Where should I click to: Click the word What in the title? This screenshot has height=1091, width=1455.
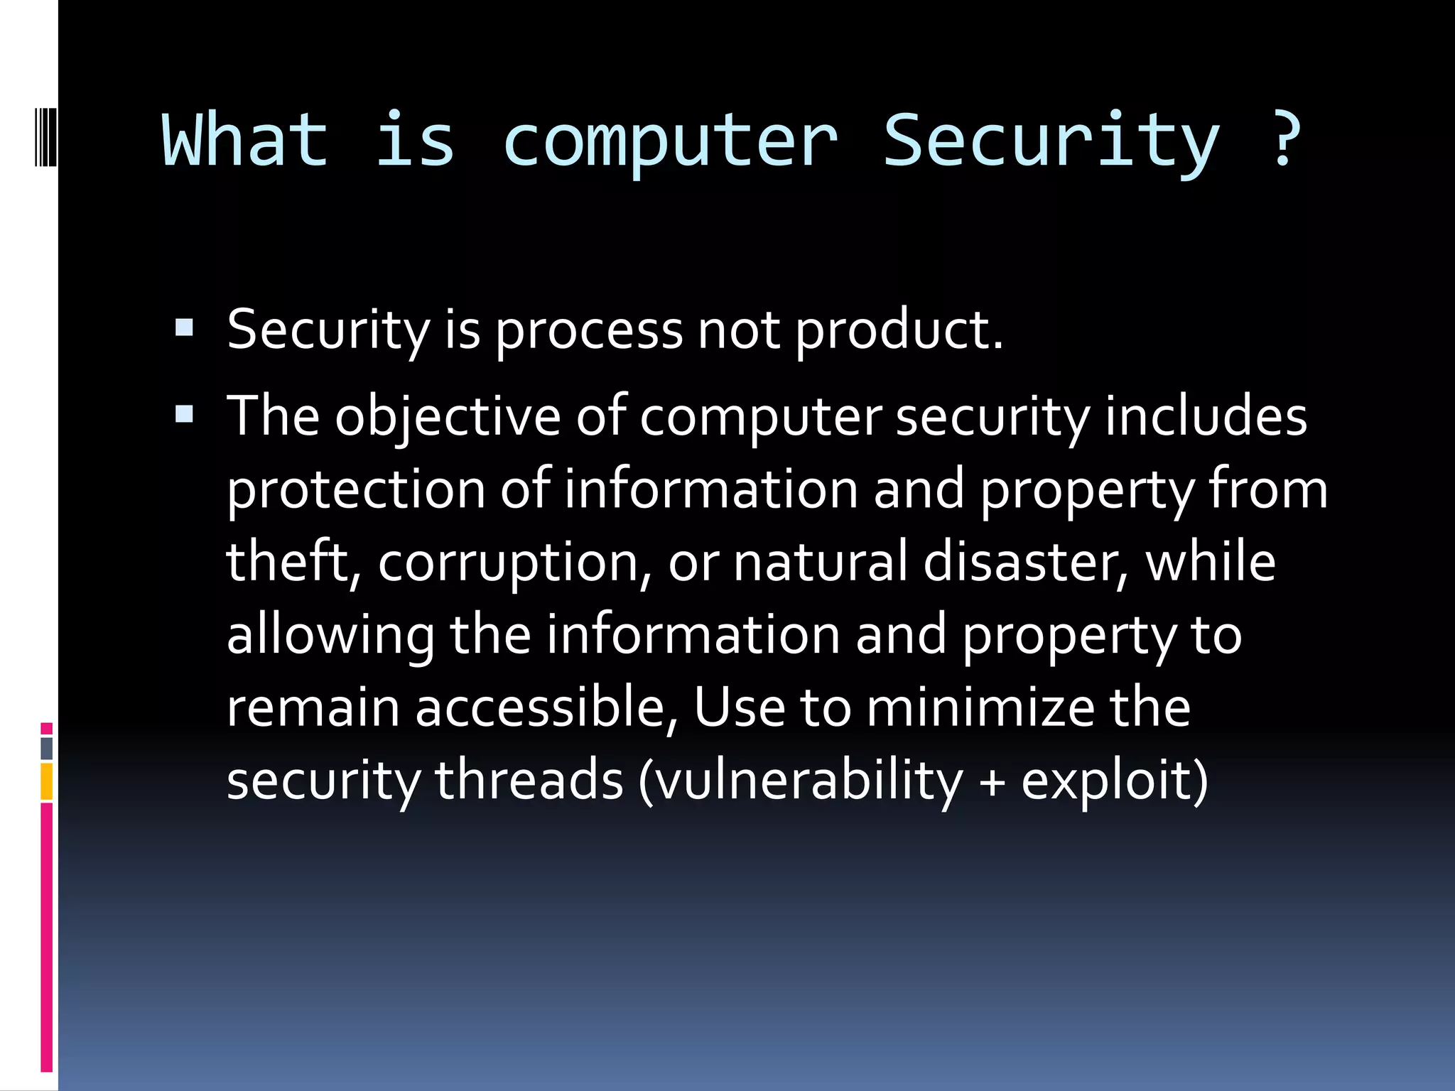coord(245,141)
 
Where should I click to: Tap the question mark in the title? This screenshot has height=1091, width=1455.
coord(1284,141)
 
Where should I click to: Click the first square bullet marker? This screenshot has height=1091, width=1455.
coord(184,327)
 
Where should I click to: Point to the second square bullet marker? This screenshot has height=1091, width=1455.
coord(184,414)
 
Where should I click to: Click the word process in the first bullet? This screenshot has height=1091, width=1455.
coord(589,331)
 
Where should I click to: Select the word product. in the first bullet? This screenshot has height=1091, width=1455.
coord(898,331)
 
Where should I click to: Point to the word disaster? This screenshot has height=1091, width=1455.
coord(1025,563)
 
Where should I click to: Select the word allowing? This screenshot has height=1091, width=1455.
coord(330,636)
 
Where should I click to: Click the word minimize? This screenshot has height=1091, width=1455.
coord(980,708)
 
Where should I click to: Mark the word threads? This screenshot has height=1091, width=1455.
coord(529,781)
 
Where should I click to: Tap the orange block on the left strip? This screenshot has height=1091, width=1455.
coord(46,781)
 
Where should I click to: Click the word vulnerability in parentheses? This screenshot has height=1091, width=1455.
coord(806,782)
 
